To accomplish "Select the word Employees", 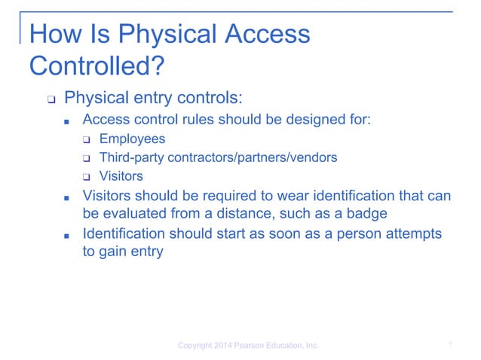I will (132, 139).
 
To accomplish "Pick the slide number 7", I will (449, 345).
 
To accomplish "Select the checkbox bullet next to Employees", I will (87, 139).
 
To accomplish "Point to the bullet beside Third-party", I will (87, 159).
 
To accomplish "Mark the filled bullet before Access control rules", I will (67, 121).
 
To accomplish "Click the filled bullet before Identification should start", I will (67, 234).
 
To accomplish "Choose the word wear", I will (282, 196).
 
